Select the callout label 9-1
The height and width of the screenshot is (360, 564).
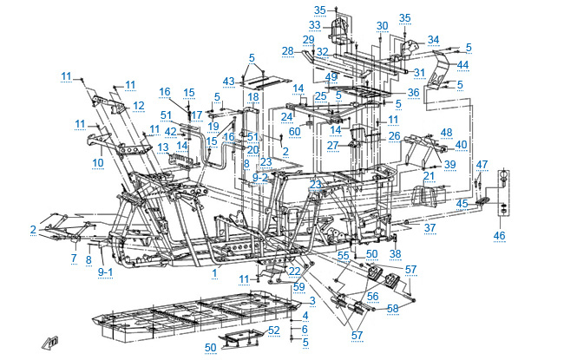pyautogui.click(x=105, y=272)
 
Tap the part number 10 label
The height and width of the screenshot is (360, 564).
pyautogui.click(x=97, y=162)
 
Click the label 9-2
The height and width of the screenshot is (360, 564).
pyautogui.click(x=261, y=177)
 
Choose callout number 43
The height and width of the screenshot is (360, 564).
pyautogui.click(x=228, y=82)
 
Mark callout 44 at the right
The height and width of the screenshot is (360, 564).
pyautogui.click(x=462, y=66)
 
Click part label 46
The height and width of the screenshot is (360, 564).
pyautogui.click(x=498, y=235)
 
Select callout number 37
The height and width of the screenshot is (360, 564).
pyautogui.click(x=430, y=228)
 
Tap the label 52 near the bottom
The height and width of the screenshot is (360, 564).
pyautogui.click(x=273, y=330)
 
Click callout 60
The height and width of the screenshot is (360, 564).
pyautogui.click(x=294, y=130)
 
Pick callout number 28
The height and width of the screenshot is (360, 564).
pyautogui.click(x=288, y=52)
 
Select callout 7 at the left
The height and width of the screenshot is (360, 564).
pyautogui.click(x=74, y=259)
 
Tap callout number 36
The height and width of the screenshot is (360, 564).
pyautogui.click(x=413, y=93)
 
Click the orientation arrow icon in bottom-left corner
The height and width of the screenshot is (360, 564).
pyautogui.click(x=54, y=340)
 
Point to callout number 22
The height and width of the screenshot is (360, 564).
pyautogui.click(x=293, y=272)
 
